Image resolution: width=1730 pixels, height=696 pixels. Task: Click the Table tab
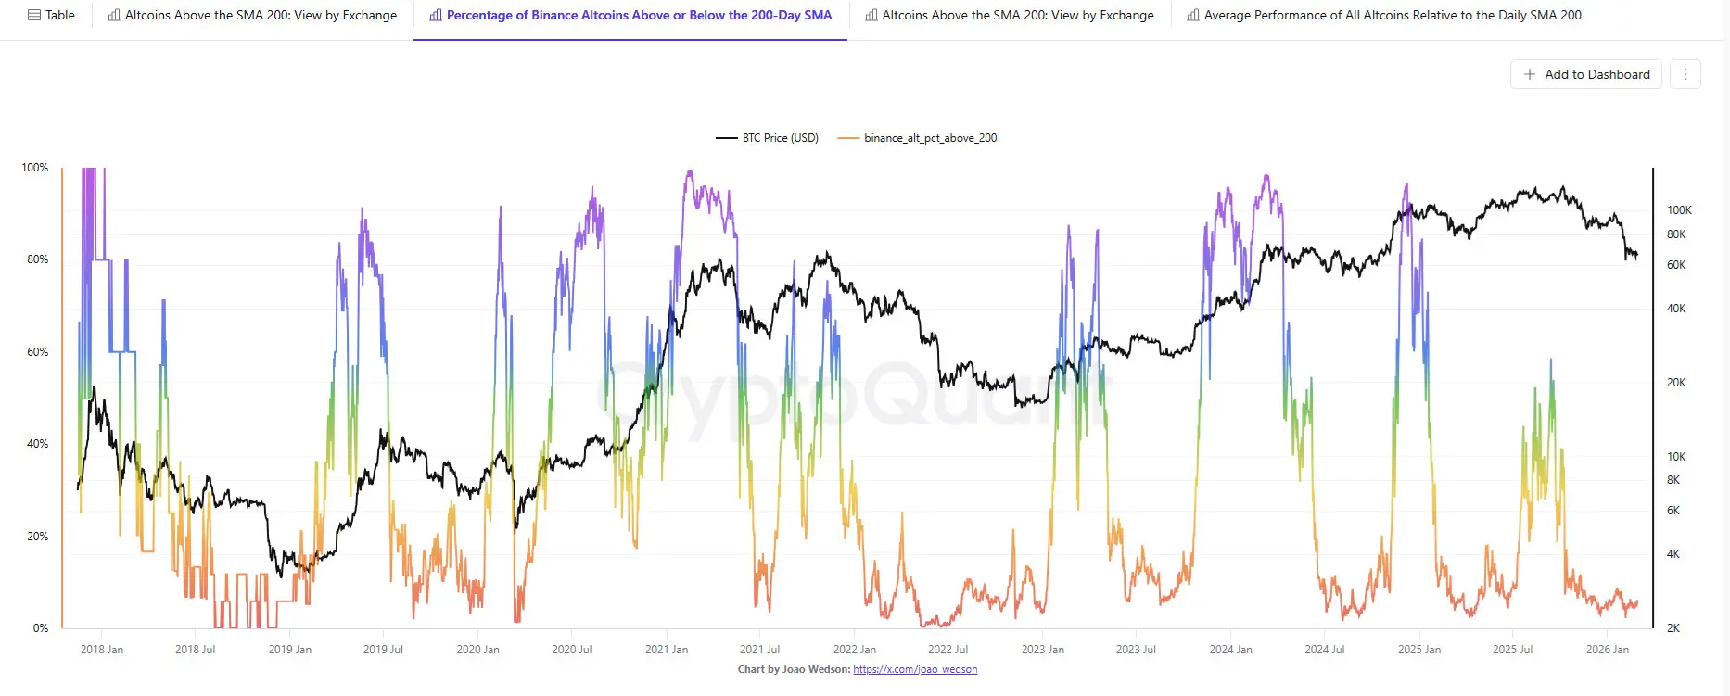click(x=52, y=15)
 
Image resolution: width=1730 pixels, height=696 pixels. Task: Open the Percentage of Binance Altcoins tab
click(x=630, y=15)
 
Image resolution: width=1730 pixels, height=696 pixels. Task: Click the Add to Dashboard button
click(x=1586, y=74)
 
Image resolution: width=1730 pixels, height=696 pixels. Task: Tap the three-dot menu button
click(x=1685, y=74)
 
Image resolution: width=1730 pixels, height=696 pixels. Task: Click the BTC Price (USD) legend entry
click(x=768, y=138)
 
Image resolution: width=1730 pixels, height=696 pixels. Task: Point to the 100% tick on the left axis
click(x=35, y=168)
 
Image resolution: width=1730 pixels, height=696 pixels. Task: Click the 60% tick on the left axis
click(x=37, y=352)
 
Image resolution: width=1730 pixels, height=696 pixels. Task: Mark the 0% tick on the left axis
click(x=40, y=628)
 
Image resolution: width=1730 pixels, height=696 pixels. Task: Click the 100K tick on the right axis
click(x=1679, y=210)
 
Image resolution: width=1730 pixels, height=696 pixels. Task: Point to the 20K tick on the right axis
click(x=1676, y=383)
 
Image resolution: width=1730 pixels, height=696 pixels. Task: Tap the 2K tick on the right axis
click(x=1673, y=628)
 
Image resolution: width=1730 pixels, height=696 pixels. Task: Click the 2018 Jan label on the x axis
click(x=102, y=650)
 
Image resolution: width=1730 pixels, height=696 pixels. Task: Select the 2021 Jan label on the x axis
click(x=667, y=650)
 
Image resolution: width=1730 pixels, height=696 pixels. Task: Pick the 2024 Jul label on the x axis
click(x=1324, y=650)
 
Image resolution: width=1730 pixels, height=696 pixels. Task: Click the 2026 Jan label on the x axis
click(x=1607, y=650)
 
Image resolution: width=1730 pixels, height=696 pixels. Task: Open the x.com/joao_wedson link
click(x=914, y=669)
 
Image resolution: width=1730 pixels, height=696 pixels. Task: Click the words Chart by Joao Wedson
click(x=793, y=669)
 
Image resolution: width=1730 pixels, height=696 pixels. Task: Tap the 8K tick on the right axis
click(x=1673, y=480)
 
